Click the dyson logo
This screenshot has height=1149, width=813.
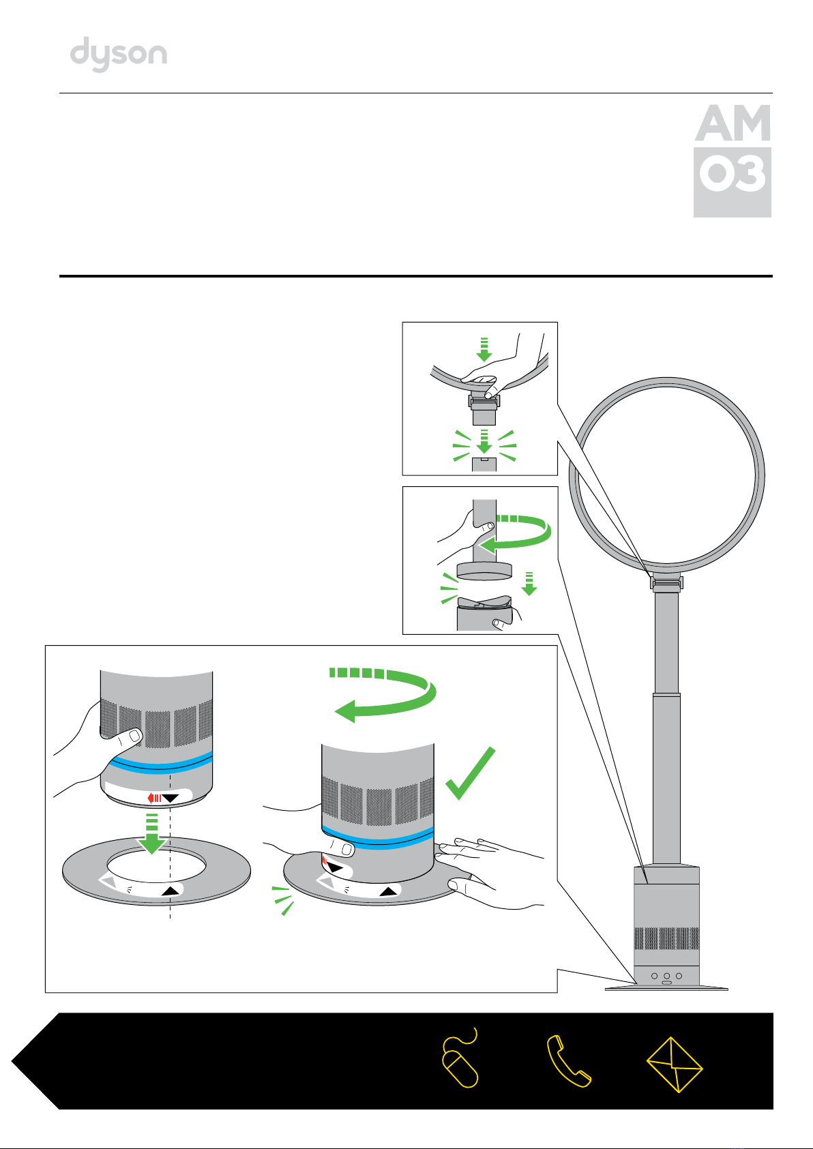coord(119,55)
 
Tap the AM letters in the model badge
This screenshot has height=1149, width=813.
coord(733,123)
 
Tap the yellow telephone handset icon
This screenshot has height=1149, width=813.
coord(567,1062)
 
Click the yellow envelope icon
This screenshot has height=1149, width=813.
coord(675,1064)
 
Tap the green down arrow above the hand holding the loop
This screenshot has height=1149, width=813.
coord(484,348)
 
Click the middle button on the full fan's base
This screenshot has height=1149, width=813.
coord(666,976)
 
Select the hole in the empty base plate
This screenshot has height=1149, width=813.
coord(156,865)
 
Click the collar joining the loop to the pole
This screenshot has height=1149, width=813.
coord(666,583)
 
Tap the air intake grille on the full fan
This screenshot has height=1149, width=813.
coord(666,938)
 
